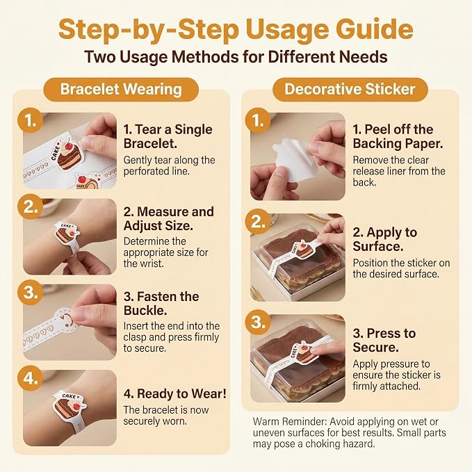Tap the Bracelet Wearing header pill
121,90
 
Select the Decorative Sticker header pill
350,90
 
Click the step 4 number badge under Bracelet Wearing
30,378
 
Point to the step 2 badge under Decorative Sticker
258,222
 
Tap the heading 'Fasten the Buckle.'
161,303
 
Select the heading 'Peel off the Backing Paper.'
398,136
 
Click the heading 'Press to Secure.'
384,340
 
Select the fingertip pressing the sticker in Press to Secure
319,350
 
